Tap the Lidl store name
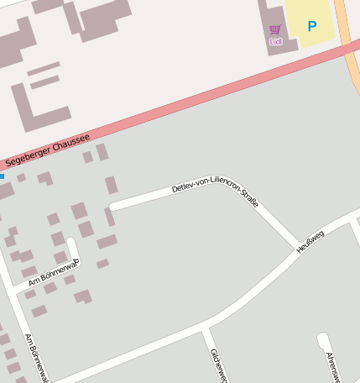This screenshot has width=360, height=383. coord(275,41)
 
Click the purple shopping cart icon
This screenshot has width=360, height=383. coord(275,30)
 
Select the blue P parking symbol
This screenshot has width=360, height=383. coord(312,26)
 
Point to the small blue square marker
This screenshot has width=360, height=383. coord(2,176)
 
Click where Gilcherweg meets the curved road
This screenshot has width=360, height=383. coord(202,329)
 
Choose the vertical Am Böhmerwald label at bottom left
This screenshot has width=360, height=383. coord(37,358)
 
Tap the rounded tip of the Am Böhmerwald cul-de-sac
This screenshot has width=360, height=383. coord(72,243)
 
